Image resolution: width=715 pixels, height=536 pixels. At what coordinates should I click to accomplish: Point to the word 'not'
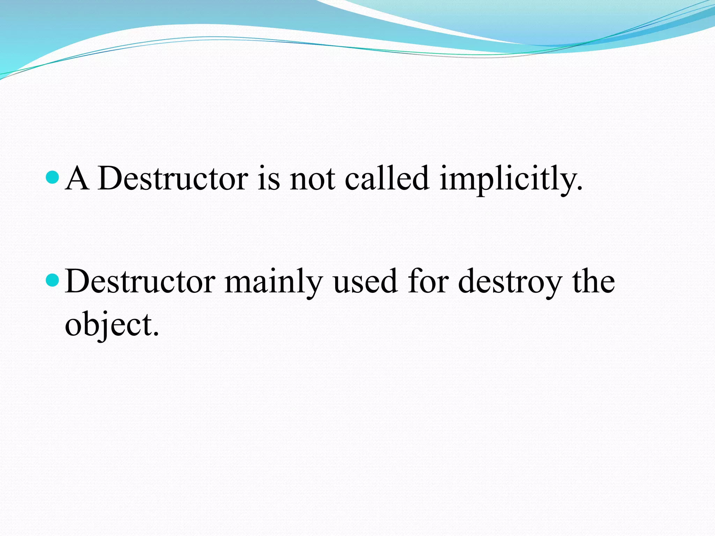tap(312, 179)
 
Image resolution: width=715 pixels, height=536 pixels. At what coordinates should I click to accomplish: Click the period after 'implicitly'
tap(580, 188)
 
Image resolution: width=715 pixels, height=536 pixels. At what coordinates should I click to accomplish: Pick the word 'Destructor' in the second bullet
tap(140, 281)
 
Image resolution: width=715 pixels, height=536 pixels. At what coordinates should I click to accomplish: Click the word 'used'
tap(365, 281)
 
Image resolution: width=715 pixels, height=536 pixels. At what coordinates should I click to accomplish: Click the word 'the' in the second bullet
tap(594, 281)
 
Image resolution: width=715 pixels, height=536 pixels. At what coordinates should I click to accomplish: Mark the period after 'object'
tap(156, 334)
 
